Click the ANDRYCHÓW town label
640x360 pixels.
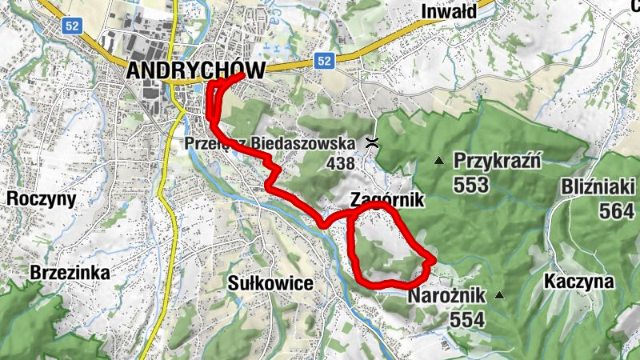[x=195, y=70]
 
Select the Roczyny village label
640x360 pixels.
[x=41, y=198]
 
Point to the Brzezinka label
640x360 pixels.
[x=70, y=273]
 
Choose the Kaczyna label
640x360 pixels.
[x=578, y=282]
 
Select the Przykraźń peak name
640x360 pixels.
[x=498, y=160]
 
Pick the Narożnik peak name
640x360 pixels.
[x=446, y=296]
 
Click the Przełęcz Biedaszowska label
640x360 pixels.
[x=269, y=143]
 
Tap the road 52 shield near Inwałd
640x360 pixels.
[x=323, y=60]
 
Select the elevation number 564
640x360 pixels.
[x=618, y=210]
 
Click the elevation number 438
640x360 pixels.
[x=340, y=163]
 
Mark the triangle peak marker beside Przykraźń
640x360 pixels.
[x=438, y=161]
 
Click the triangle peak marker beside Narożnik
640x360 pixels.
[x=500, y=296]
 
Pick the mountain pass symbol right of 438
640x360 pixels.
[x=372, y=144]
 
